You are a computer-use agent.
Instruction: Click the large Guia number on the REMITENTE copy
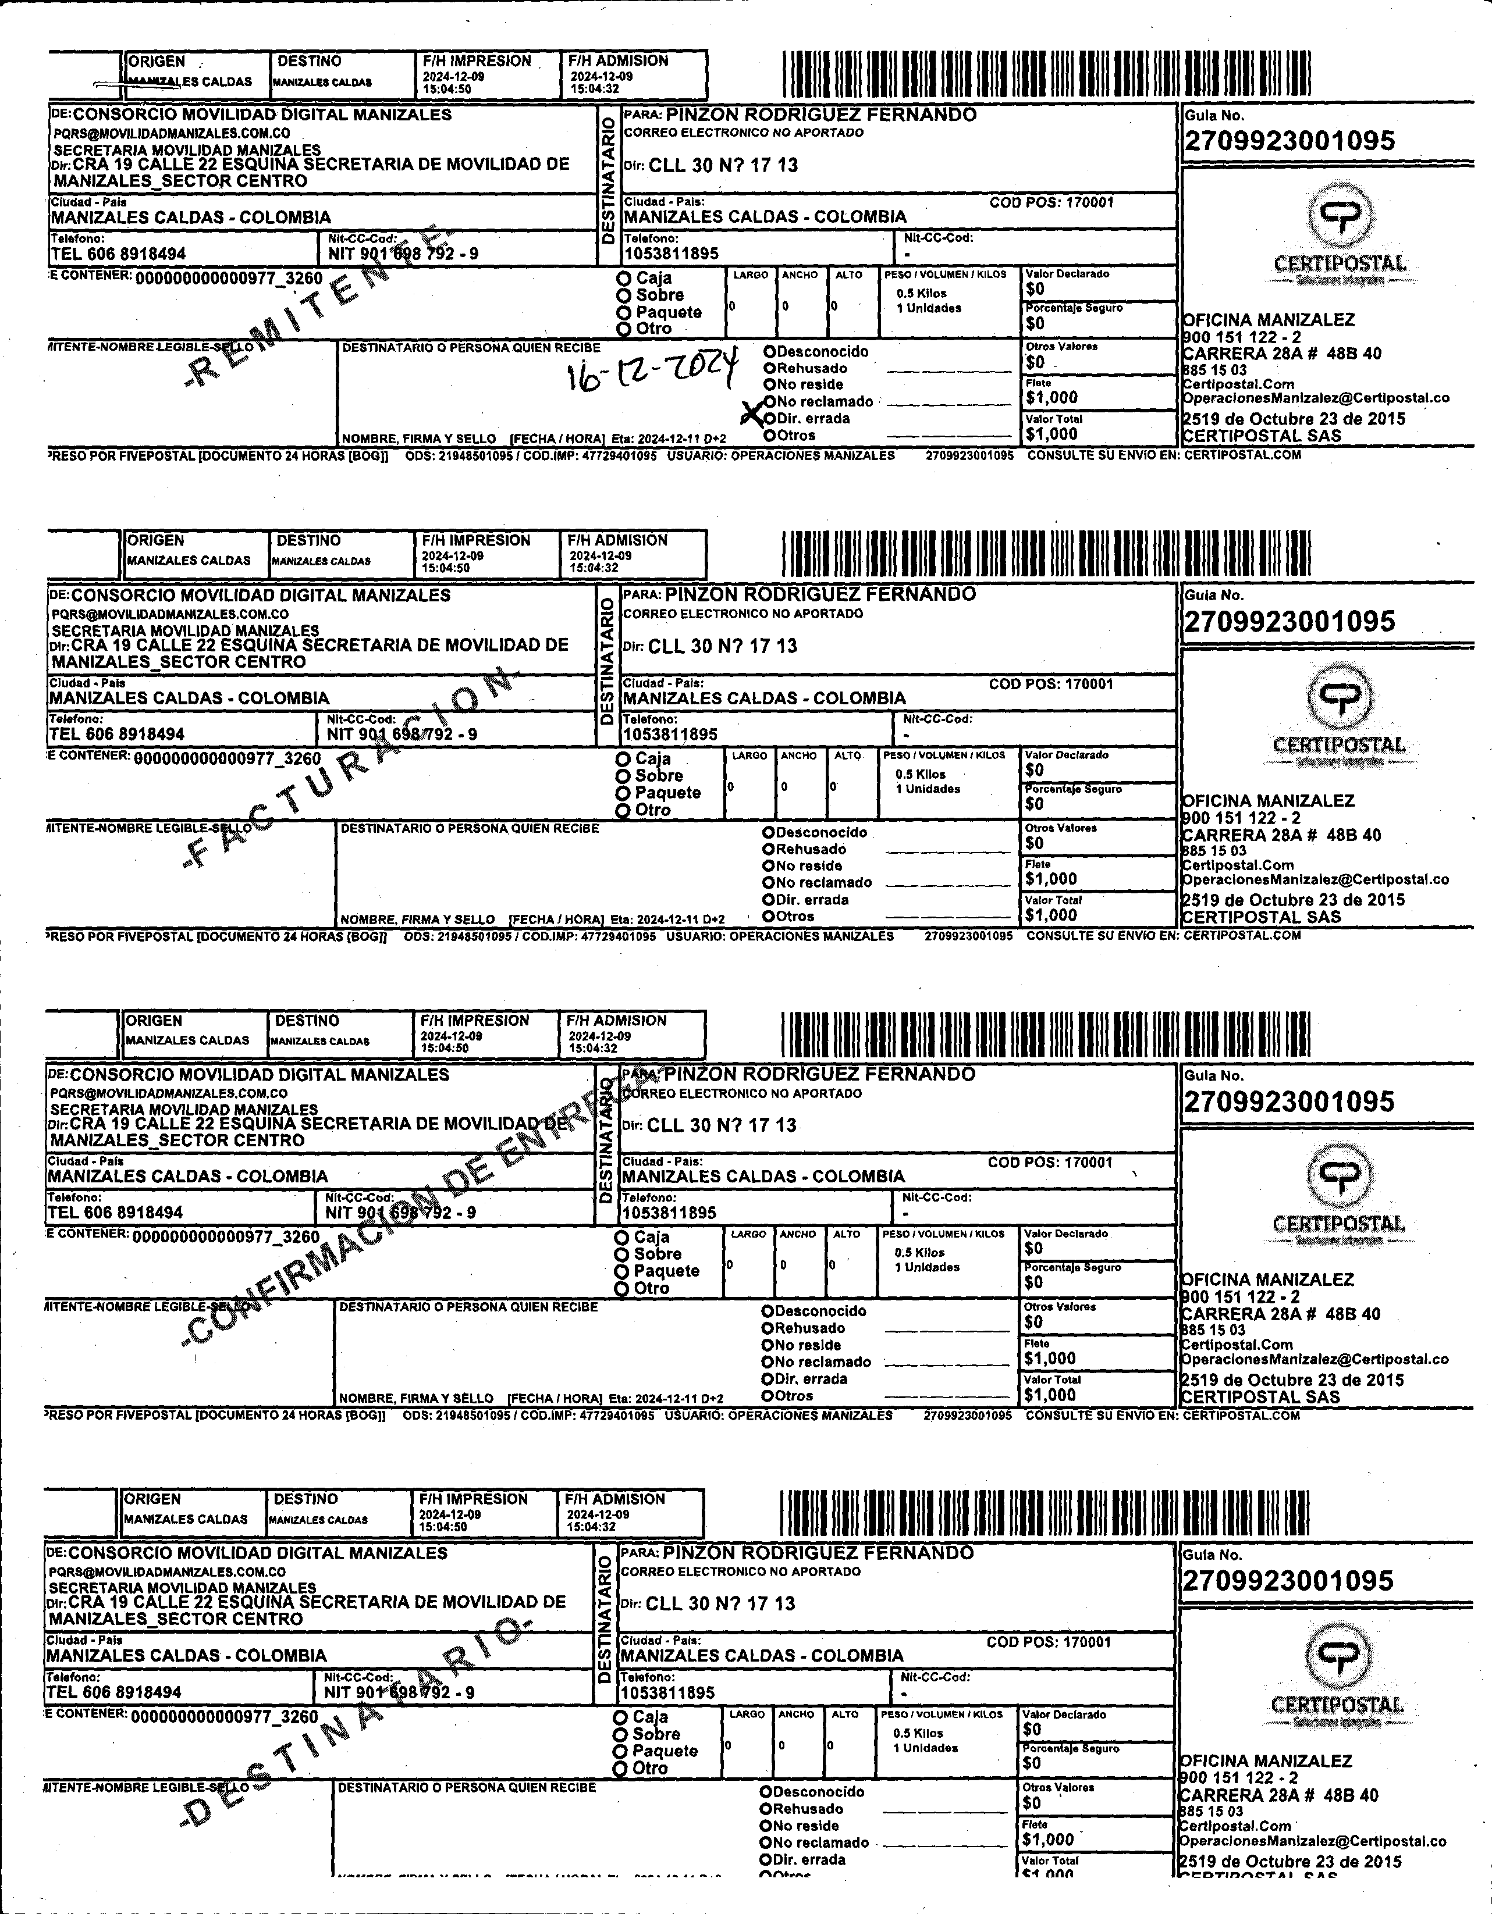(1289, 141)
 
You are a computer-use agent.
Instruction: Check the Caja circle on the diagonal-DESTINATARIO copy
(621, 1717)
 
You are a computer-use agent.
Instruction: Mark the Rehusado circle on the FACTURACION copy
(768, 849)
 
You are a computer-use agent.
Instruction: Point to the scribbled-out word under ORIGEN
(154, 83)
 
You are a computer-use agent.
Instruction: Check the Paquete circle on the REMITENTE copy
(624, 313)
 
